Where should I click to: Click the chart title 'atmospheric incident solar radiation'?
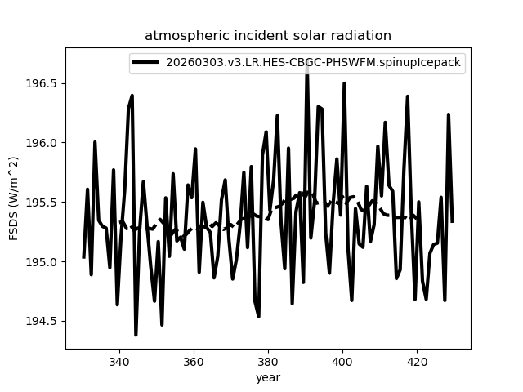[268, 35]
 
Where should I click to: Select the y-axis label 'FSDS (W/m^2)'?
[13, 198]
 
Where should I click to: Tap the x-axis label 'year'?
[268, 377]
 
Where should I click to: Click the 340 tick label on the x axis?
[119, 362]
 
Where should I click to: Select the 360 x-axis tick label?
[194, 362]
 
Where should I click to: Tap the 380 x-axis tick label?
[268, 362]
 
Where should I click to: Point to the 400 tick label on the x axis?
[342, 362]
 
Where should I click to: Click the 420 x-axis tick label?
[418, 362]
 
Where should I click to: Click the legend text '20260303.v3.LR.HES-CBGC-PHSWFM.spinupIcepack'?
[313, 62]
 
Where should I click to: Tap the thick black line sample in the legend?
[145, 62]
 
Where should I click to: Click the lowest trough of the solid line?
[136, 335]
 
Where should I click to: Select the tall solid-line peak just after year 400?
[344, 83]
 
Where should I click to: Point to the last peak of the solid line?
[449, 114]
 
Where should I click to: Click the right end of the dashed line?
[418, 218]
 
